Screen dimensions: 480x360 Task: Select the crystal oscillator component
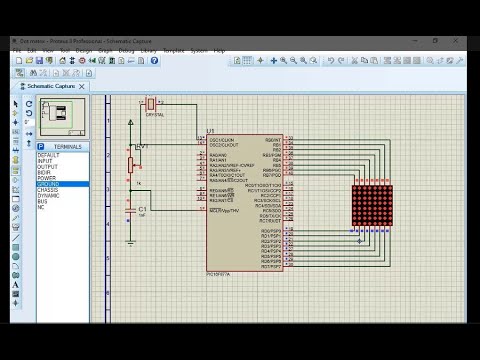[x=151, y=104]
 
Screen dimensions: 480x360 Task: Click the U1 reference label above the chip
[x=210, y=131]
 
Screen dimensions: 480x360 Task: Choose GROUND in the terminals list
[x=48, y=184]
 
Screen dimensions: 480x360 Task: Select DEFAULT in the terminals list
[x=48, y=155]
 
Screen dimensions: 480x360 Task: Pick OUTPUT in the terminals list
[x=48, y=167]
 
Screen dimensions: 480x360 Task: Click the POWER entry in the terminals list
[x=47, y=178]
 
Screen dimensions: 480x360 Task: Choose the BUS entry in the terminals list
[x=42, y=201]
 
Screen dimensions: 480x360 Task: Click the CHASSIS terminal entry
[x=49, y=190]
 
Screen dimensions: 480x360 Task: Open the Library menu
[x=148, y=50]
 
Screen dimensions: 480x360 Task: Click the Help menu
[x=219, y=50]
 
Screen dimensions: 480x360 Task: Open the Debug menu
[x=126, y=50]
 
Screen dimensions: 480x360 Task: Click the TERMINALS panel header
[x=63, y=147]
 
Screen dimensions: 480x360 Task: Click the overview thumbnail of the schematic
[x=61, y=118]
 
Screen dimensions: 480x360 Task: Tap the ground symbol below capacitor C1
[x=131, y=240]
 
